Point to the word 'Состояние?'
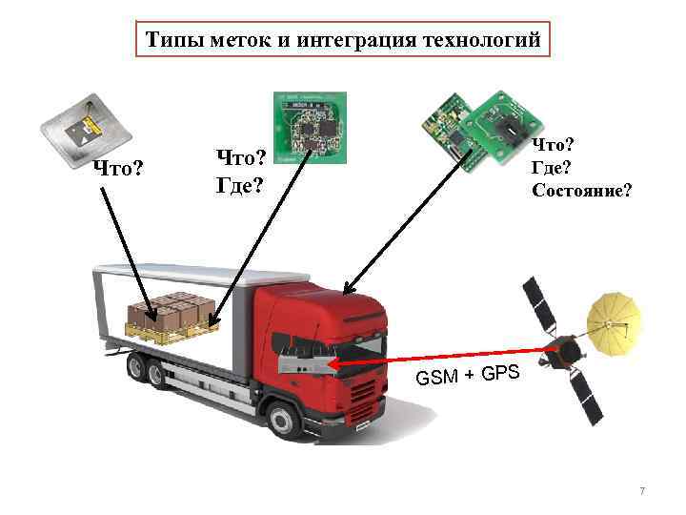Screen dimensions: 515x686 (580, 190)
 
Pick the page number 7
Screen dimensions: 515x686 (642, 491)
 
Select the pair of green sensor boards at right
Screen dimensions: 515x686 (481, 130)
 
